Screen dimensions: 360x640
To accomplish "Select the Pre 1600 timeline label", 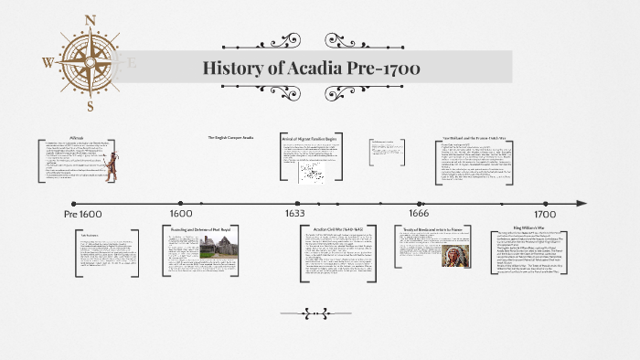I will [x=83, y=213].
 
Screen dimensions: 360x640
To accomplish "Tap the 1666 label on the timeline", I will [x=419, y=213].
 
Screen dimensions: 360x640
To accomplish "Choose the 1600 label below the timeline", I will [x=180, y=213].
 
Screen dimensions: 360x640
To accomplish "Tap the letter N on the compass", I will [x=90, y=20].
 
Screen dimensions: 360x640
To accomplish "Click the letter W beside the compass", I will [x=48, y=62].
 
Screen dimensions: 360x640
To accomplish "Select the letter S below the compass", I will [x=90, y=105].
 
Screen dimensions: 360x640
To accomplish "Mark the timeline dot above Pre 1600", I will [x=73, y=203].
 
